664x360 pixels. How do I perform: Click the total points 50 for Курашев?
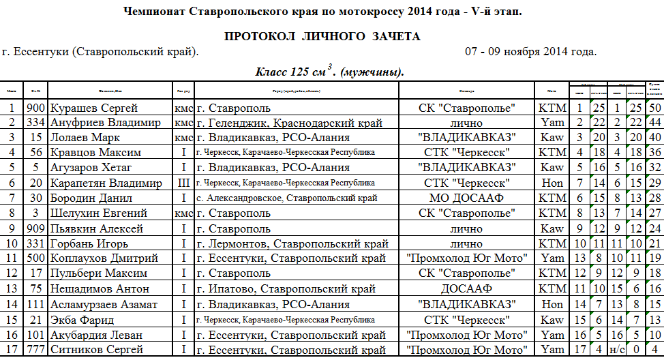655,108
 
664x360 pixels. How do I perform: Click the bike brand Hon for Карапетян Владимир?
552,183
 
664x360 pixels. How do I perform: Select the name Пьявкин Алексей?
96,228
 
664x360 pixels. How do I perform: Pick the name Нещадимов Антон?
99,288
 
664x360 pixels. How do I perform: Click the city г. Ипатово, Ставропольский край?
286,288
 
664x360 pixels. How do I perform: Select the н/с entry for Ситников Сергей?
616,349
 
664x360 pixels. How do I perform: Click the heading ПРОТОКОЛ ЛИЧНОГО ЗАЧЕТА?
322,37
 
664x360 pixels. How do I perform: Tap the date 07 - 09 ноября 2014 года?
531,52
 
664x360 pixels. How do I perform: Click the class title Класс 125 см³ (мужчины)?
330,72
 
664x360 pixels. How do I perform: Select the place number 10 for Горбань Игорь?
12,243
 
